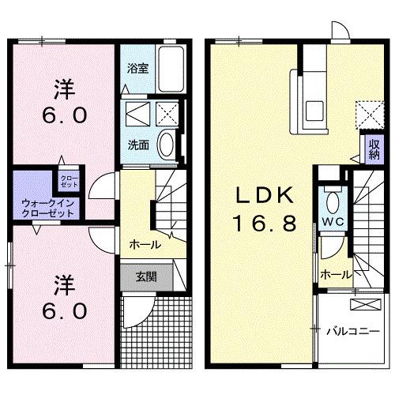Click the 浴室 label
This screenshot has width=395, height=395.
pyautogui.click(x=137, y=69)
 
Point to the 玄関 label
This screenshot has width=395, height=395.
pyautogui.click(x=145, y=276)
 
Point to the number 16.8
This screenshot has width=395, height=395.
pyautogui.click(x=265, y=224)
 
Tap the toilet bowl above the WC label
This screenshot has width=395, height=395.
pyautogui.click(x=332, y=198)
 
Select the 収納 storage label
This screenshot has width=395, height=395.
pyautogui.click(x=373, y=149)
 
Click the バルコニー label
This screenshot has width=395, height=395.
pyautogui.click(x=353, y=331)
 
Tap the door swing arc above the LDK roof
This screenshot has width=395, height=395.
pyautogui.click(x=340, y=31)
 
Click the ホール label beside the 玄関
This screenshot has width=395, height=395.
pyautogui.click(x=145, y=244)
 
